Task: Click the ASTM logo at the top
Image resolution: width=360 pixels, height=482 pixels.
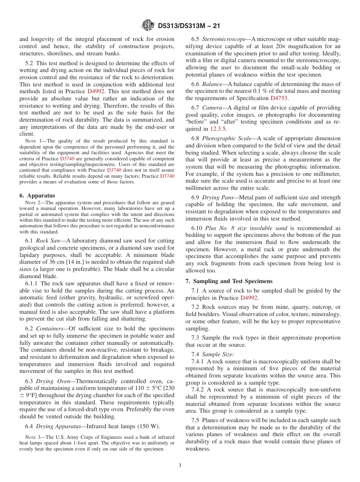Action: tap(148, 25)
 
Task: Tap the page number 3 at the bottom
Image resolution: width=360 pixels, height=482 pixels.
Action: tap(180, 465)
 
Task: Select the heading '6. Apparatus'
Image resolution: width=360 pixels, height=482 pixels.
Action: tap(37, 196)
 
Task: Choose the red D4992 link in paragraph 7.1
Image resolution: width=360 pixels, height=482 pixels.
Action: tap(249, 298)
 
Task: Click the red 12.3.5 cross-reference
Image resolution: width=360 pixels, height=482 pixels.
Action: tap(219, 129)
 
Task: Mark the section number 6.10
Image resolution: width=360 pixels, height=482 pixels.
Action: tap(197, 228)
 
